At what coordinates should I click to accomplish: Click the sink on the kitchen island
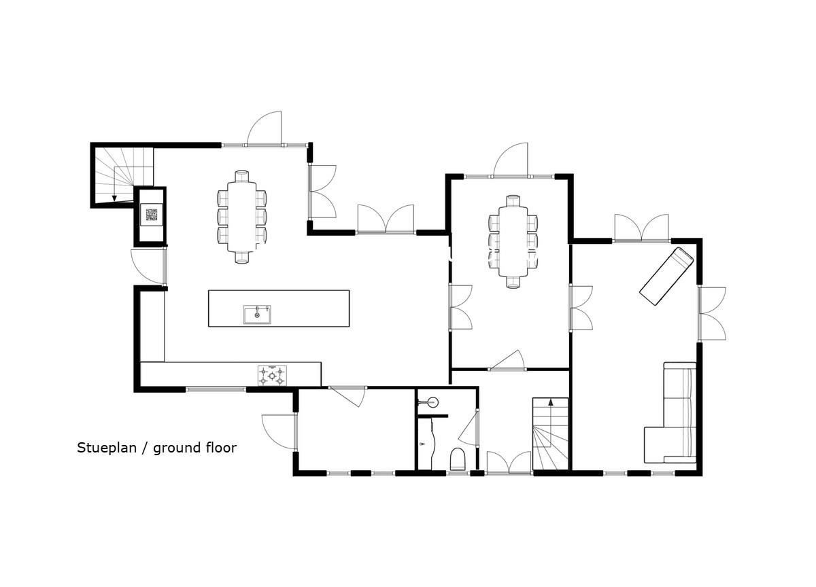257,315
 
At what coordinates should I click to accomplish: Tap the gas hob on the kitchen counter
272,375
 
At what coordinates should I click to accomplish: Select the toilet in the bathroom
458,459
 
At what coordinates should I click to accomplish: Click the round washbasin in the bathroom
432,403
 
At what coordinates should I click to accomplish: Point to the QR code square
152,215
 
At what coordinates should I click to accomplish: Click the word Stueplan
106,448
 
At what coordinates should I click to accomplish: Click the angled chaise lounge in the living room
666,277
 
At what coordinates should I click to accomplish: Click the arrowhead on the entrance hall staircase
550,402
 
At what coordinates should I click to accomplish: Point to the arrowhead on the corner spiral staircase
114,198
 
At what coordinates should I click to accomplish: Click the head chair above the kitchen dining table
241,176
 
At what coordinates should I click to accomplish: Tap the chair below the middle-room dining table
513,283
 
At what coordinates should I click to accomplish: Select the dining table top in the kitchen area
241,217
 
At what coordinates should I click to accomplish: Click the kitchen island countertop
279,308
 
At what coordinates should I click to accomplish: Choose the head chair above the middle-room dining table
513,201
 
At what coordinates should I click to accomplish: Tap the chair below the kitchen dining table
241,257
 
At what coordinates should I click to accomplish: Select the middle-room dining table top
513,242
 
